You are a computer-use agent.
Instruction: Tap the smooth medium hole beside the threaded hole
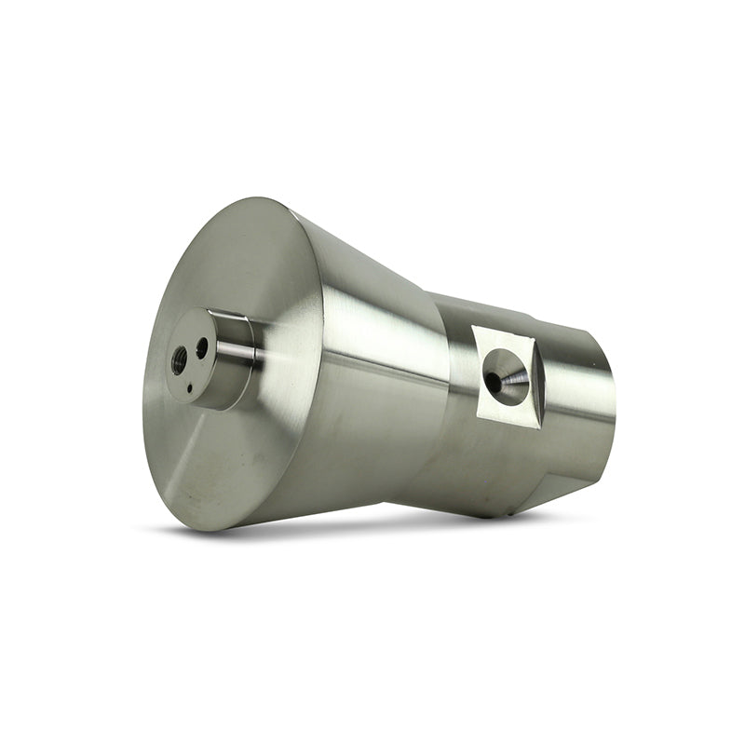click(x=202, y=348)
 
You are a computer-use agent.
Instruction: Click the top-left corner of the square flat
click(x=474, y=327)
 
